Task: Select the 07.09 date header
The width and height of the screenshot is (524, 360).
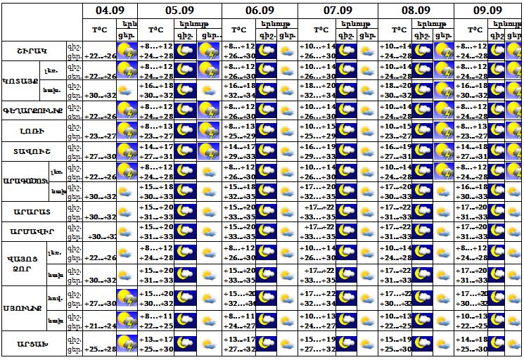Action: tap(338, 11)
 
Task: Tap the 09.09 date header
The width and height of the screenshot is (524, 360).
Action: tap(487, 11)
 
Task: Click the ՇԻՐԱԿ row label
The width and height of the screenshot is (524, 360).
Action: tap(33, 51)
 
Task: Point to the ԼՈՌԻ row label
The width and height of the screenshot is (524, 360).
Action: tap(33, 131)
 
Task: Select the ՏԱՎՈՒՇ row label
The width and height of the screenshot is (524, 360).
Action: tap(33, 152)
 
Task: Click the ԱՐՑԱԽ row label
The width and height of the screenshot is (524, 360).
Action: tap(33, 344)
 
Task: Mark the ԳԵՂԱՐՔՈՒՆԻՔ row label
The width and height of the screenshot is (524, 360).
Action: tap(33, 111)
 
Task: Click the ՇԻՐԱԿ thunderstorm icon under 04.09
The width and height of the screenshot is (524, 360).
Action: tap(127, 51)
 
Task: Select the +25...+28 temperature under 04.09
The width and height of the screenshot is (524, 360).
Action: tap(100, 349)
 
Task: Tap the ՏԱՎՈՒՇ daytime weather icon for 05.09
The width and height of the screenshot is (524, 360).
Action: tap(207, 152)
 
